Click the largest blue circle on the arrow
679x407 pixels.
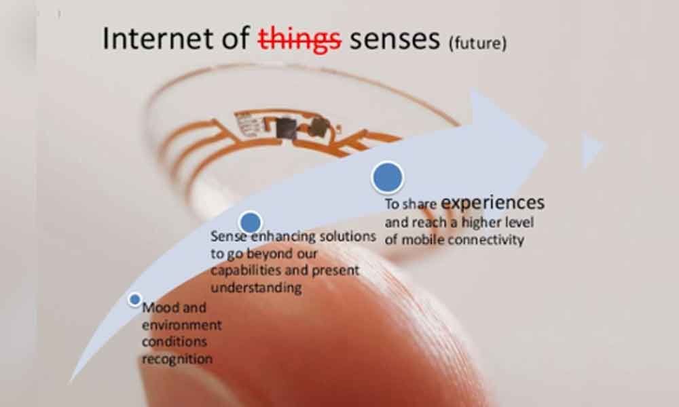click(x=387, y=177)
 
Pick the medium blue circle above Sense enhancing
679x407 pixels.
click(x=251, y=222)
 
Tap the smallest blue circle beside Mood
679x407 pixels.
click(x=135, y=298)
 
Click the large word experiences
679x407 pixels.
click(x=492, y=202)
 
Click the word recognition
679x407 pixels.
click(x=177, y=359)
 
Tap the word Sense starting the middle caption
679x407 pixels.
click(x=227, y=237)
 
